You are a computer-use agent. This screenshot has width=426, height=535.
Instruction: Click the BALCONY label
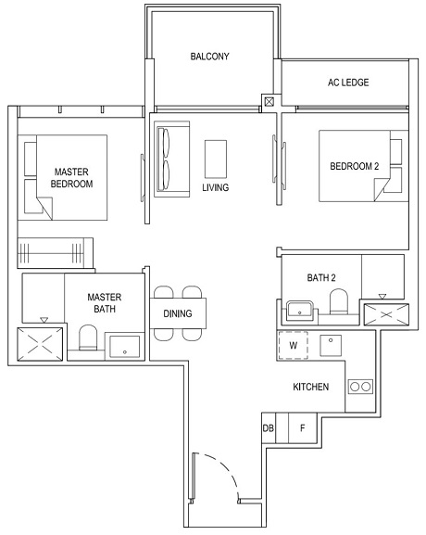209,57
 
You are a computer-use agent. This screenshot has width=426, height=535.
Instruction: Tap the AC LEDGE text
348,83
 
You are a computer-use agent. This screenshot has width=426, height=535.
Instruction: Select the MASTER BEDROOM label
71,178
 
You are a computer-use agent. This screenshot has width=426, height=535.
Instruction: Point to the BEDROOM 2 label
354,167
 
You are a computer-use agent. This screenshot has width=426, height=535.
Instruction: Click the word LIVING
215,187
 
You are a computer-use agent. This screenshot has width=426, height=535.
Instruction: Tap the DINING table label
178,313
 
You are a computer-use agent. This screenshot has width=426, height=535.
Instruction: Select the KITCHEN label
310,387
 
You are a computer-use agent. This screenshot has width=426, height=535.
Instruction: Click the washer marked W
294,346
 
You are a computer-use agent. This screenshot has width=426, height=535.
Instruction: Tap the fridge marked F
301,428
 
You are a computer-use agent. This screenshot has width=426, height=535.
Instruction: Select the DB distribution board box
269,428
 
